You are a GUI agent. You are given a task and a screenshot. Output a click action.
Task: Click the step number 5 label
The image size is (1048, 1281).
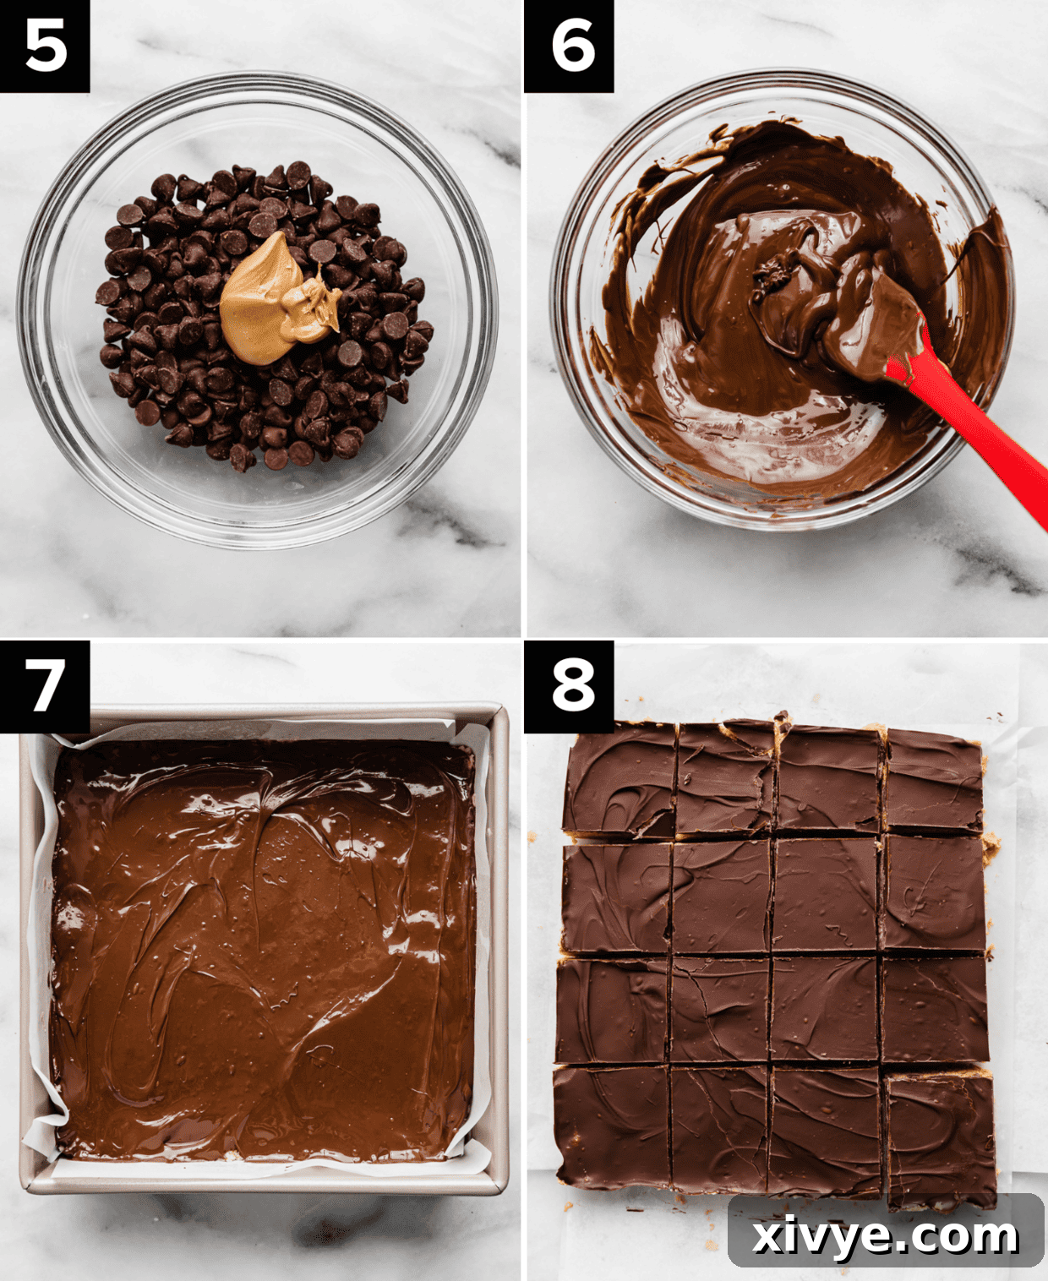coord(45,46)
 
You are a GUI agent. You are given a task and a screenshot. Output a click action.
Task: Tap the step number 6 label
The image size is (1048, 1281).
coord(569,46)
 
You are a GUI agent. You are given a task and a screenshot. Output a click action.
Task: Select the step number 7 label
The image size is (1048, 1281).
coord(45,686)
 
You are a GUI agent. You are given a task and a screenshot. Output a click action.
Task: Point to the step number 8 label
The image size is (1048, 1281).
coord(569,686)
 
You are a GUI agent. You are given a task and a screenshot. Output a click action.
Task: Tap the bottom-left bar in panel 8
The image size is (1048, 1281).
coord(612,1124)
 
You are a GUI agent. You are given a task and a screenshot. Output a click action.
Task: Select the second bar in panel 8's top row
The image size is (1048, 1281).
coord(725,779)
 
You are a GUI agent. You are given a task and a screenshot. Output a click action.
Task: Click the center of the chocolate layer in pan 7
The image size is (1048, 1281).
coord(262,946)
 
